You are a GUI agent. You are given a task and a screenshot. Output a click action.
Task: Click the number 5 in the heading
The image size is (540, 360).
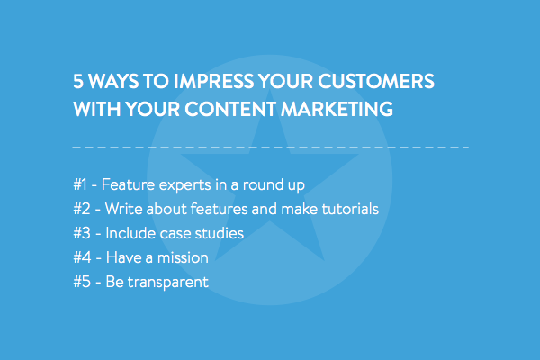78,81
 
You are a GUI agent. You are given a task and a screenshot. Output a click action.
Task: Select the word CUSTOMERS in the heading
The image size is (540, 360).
376,81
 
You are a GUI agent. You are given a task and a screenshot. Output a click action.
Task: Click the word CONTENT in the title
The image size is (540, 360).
230,109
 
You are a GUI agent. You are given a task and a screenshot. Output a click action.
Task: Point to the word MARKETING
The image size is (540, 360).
337,109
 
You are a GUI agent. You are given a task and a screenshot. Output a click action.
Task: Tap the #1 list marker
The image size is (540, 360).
80,184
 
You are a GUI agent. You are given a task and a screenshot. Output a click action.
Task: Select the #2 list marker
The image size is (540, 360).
82,209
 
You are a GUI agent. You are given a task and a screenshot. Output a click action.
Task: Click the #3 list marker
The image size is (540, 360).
82,233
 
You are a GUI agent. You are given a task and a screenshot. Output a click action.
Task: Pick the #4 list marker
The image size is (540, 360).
82,257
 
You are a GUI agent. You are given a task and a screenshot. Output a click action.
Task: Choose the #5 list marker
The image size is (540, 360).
82,282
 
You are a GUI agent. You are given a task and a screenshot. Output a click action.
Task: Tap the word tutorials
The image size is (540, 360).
350,209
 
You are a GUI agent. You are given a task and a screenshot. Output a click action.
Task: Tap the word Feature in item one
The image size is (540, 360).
128,184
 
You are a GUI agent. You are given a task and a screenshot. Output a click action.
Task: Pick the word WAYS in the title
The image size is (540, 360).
113,81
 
